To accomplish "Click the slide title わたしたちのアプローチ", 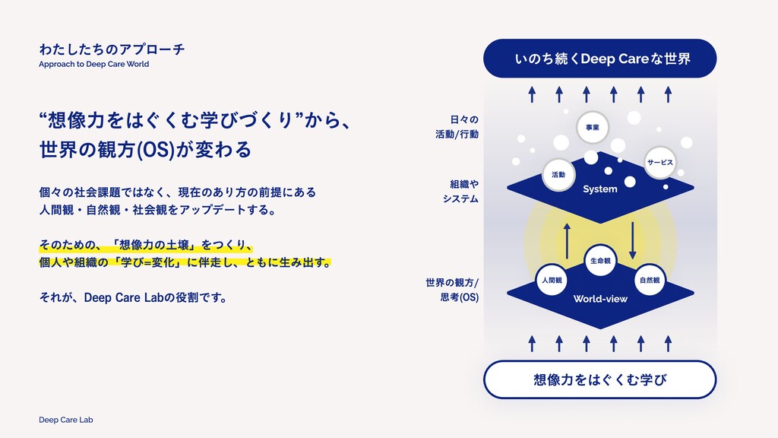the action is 112,49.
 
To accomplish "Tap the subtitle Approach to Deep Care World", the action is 94,65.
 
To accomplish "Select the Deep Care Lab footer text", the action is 65,420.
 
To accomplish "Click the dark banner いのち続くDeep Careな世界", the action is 600,59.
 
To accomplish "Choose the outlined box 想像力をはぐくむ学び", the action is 600,379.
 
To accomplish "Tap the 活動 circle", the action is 558,175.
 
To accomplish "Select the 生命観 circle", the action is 600,261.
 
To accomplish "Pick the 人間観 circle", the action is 552,281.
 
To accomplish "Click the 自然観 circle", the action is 650,281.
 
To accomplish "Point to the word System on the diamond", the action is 600,189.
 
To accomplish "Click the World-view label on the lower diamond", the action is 600,299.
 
